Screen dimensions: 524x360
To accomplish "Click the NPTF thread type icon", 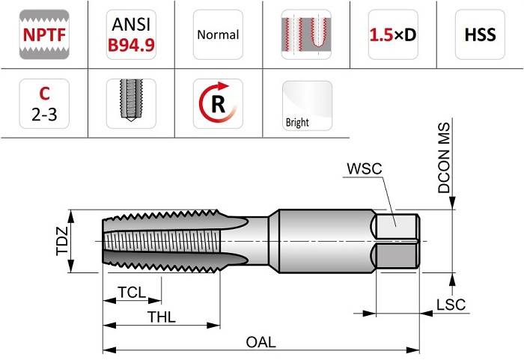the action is [x=44, y=34].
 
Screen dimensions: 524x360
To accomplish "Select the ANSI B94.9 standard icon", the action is [x=131, y=34].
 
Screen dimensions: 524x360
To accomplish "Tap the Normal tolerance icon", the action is [x=218, y=34].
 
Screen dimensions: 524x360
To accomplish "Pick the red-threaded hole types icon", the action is [x=306, y=34].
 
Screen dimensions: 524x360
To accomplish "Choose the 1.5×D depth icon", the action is [x=393, y=34].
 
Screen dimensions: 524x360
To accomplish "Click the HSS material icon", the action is [x=480, y=34].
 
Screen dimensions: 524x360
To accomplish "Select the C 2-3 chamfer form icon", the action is [x=44, y=103].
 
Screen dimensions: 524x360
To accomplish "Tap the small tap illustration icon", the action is [x=131, y=103].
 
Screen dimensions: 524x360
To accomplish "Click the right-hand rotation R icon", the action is [x=218, y=103].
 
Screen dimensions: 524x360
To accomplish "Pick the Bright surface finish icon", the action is [x=307, y=106].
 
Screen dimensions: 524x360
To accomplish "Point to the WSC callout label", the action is [x=365, y=168].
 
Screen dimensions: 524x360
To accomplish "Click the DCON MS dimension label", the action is [x=444, y=158].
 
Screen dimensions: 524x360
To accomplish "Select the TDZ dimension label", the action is [x=62, y=241].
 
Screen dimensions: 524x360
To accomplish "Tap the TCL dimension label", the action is [x=132, y=293].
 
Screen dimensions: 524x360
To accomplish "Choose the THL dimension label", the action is [x=162, y=317].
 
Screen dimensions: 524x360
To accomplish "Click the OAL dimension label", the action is [x=261, y=342].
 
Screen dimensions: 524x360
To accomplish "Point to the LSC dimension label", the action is [x=451, y=305].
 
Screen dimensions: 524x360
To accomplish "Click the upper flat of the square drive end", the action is [x=397, y=227].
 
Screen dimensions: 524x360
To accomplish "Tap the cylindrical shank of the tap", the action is [x=326, y=241].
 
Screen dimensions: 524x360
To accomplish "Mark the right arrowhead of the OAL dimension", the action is [x=412, y=350].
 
